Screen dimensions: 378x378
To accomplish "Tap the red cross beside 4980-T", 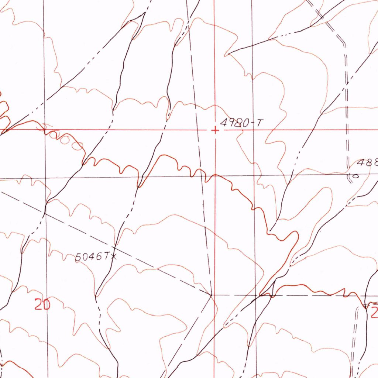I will (x=215, y=130).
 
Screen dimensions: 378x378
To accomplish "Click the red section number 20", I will (x=42, y=305).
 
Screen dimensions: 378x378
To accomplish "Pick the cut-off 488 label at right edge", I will (x=367, y=163).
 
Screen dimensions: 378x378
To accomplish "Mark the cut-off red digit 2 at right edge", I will (x=374, y=313).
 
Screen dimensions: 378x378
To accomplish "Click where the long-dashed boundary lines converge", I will (x=211, y=295).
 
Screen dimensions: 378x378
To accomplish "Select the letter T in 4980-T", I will (x=260, y=123).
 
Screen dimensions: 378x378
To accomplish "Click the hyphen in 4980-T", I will (x=253, y=123).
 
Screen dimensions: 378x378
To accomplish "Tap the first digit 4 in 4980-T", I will (x=223, y=123).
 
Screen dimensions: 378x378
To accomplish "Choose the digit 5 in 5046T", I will (x=79, y=257).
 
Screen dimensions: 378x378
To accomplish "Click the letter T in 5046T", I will (x=107, y=256).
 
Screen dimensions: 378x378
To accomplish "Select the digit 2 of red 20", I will (x=38, y=305).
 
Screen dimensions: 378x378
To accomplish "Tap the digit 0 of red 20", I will (x=47, y=305).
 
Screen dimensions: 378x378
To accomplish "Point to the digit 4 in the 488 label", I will (x=360, y=163).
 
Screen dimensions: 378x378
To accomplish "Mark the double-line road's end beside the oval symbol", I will (x=349, y=173).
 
